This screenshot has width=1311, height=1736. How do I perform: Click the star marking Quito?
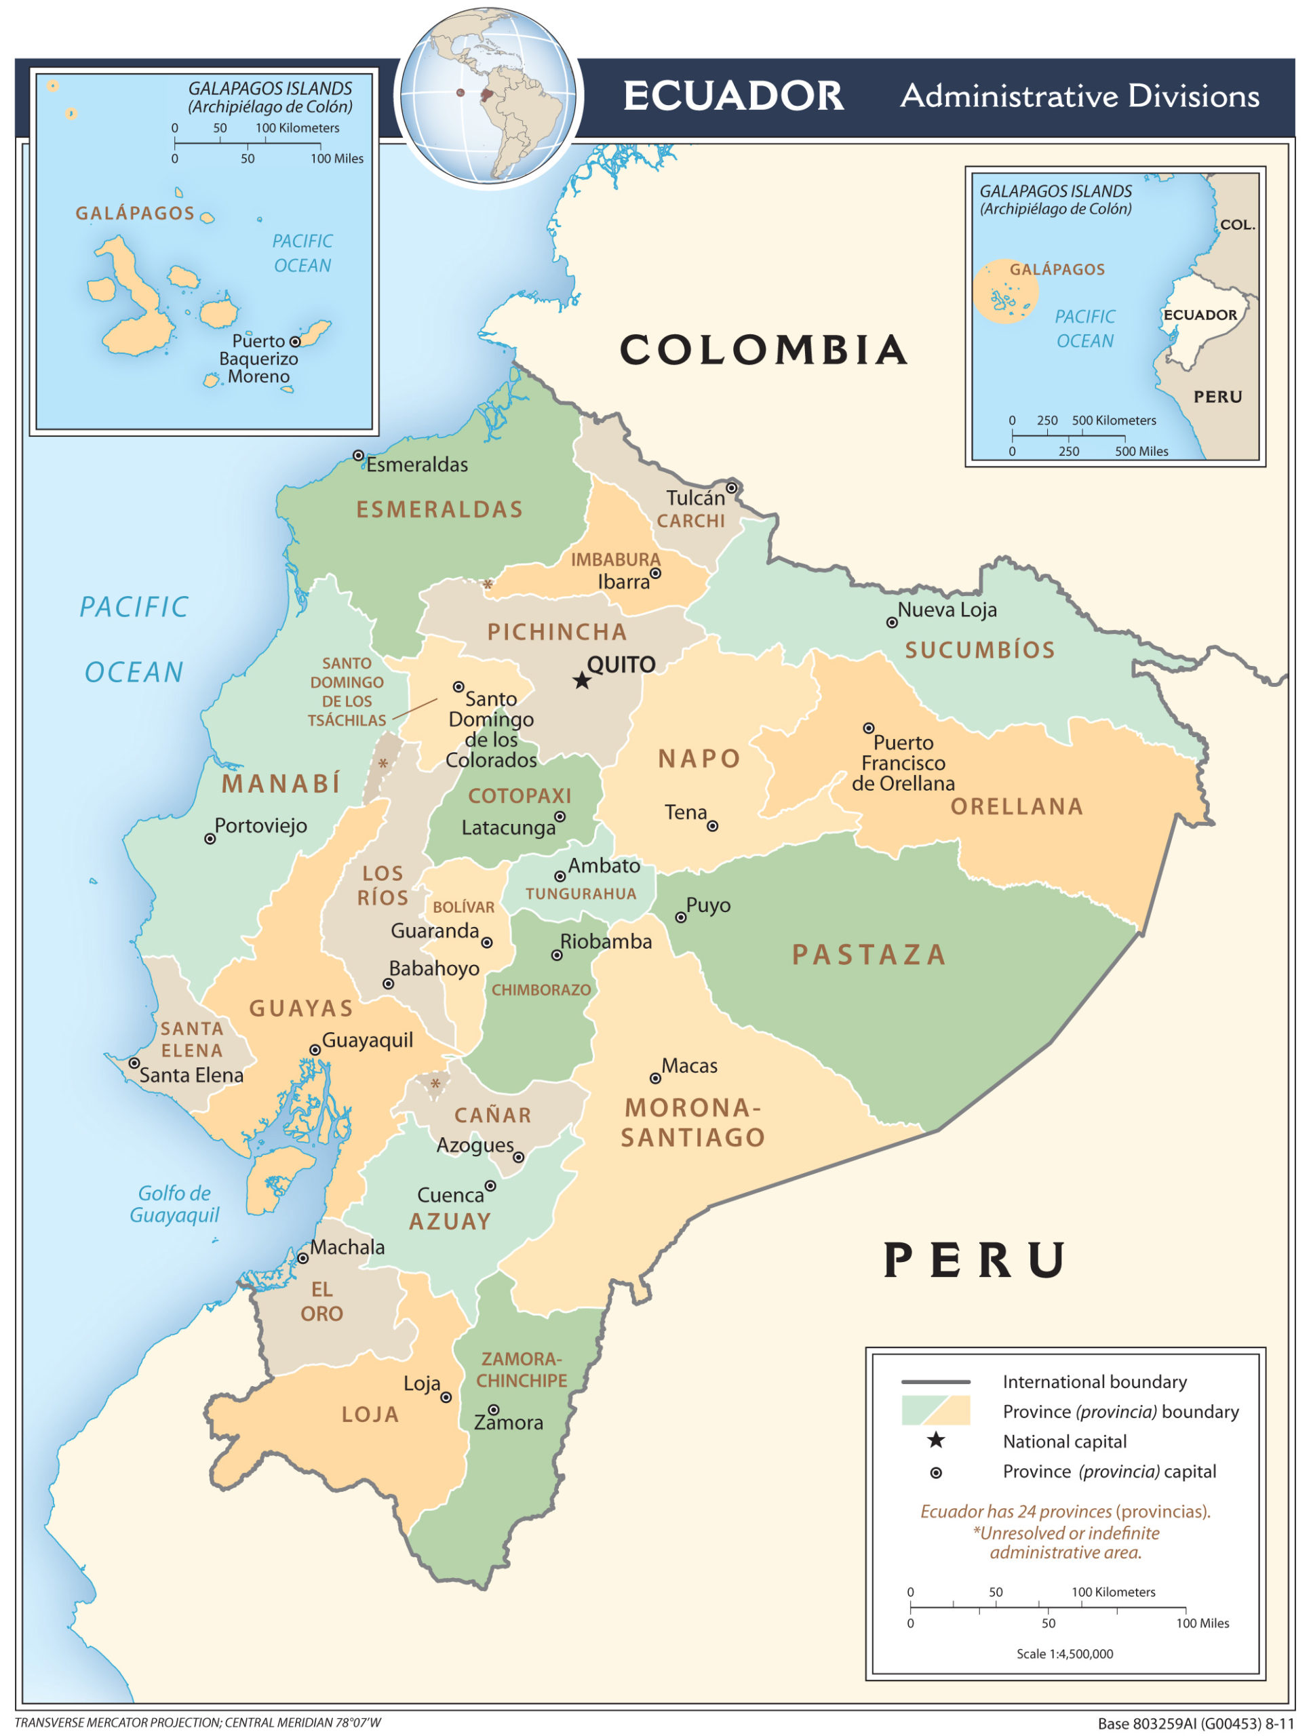tap(582, 680)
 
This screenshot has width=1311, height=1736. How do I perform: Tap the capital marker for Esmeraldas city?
tap(358, 455)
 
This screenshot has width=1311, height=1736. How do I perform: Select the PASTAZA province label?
tap(869, 954)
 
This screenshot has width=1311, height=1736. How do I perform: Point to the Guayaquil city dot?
tap(315, 1049)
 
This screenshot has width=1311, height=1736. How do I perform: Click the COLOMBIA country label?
tap(764, 350)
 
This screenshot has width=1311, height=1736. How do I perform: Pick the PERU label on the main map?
tap(975, 1261)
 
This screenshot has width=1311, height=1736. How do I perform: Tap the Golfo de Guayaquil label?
tap(174, 1204)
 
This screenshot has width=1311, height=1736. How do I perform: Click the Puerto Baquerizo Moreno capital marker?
tap(295, 341)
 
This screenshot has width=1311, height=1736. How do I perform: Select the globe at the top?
tap(490, 96)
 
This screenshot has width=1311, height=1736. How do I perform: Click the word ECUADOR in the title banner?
tap(733, 96)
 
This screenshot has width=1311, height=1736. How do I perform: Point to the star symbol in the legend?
tap(936, 1440)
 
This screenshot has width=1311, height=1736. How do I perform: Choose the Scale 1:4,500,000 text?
tap(1065, 1653)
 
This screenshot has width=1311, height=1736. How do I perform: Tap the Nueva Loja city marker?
tap(892, 623)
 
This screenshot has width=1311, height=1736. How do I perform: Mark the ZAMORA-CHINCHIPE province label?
tap(522, 1370)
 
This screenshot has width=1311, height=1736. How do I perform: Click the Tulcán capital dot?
tap(731, 488)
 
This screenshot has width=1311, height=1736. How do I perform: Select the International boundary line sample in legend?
tap(936, 1381)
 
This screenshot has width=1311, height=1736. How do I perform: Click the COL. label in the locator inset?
tap(1237, 224)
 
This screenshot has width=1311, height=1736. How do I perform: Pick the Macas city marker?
tap(655, 1078)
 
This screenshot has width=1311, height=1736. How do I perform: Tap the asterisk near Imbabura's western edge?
tap(488, 585)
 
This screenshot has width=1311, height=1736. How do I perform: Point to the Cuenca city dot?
tap(490, 1186)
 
